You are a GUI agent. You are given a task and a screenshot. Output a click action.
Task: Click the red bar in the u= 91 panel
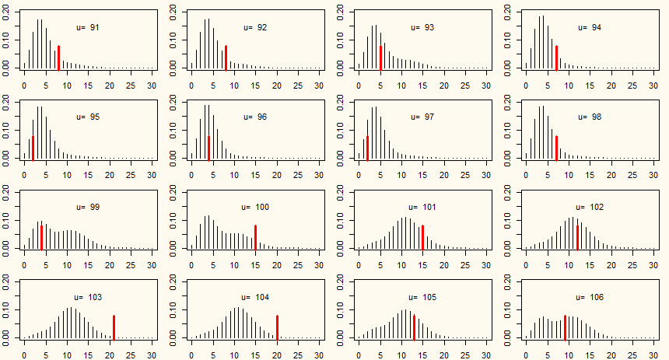58,58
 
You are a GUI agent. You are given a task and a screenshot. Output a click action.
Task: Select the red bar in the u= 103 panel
114,327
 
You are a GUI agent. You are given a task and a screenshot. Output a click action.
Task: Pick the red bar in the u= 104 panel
277,327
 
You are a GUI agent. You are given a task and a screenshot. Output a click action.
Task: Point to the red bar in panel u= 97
367,147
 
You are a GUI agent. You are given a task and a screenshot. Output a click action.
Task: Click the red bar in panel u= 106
565,327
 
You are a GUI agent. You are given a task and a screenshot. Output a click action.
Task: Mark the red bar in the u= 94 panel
556,58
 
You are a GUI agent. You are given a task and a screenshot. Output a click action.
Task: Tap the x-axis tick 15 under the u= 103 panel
88,355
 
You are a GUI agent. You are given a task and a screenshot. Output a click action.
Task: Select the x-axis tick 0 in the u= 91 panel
24,84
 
